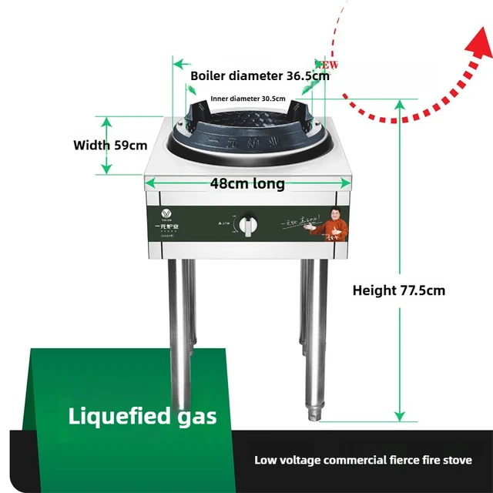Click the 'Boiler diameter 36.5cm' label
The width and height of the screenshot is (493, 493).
tap(260, 76)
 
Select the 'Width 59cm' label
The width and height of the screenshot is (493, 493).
tap(109, 145)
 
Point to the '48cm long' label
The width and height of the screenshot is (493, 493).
tap(247, 184)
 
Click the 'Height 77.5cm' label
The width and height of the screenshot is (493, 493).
tap(398, 290)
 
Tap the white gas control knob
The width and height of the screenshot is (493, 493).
tap(248, 225)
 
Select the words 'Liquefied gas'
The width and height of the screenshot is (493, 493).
tap(143, 417)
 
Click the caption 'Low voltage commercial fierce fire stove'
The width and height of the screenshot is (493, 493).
tap(363, 460)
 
